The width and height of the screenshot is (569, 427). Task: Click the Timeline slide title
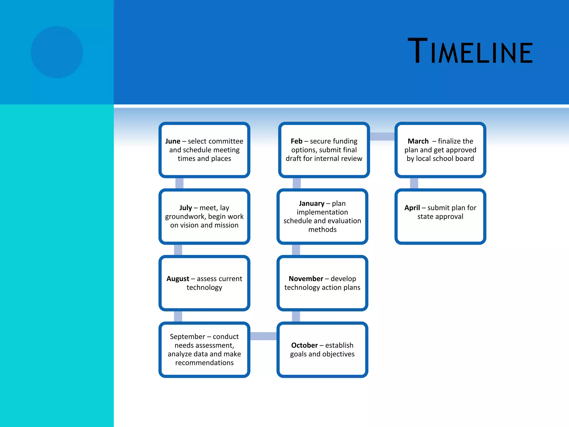click(470, 51)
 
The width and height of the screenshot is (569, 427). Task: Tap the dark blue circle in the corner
click(57, 52)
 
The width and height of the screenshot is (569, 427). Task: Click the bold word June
click(173, 141)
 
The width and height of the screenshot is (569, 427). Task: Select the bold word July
click(185, 208)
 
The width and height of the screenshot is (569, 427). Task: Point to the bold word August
click(178, 279)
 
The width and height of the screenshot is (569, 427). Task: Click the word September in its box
click(187, 337)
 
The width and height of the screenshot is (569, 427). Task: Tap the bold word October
click(304, 345)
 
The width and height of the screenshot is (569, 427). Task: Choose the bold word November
click(306, 279)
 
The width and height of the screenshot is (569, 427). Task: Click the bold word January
click(311, 203)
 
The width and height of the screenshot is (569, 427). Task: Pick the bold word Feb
click(296, 141)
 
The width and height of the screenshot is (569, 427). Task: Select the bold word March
click(418, 141)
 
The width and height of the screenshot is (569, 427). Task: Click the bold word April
click(412, 208)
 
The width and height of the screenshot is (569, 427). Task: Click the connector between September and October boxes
click(263, 336)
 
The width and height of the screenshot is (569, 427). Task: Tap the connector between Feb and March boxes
click(382, 136)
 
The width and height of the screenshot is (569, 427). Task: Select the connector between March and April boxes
click(414, 183)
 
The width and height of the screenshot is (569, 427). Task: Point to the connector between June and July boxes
click(179, 183)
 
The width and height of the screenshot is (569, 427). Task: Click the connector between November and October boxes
click(296, 316)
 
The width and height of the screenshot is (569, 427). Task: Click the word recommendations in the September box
click(204, 363)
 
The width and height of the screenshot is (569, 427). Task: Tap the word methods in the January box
click(322, 230)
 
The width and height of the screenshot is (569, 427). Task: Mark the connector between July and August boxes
click(178, 250)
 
